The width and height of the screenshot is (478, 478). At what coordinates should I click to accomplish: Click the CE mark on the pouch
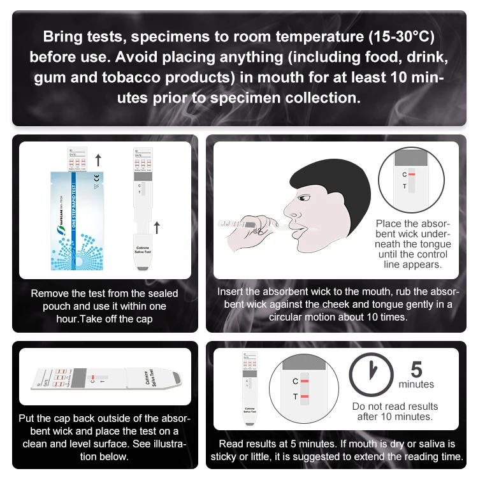pyautogui.click(x=96, y=177)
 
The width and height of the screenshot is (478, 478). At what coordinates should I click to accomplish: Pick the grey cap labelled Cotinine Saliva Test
pyautogui.click(x=143, y=256)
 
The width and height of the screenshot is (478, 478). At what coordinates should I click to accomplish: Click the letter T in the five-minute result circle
pyautogui.click(x=295, y=397)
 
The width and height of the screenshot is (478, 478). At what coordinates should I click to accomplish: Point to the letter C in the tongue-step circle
pyautogui.click(x=404, y=174)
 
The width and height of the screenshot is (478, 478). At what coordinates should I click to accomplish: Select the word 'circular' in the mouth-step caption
pyautogui.click(x=292, y=317)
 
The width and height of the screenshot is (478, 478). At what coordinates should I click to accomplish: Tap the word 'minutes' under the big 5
pyautogui.click(x=416, y=384)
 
